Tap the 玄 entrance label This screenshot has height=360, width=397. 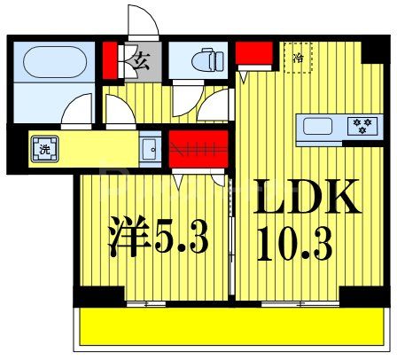(x=141, y=61)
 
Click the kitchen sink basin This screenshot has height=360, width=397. (x=319, y=126)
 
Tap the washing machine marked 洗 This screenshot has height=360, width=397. (x=44, y=148)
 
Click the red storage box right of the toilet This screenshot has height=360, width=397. (x=253, y=53)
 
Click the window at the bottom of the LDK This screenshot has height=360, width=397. (x=301, y=304)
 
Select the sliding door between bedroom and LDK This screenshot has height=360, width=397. (x=232, y=239)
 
